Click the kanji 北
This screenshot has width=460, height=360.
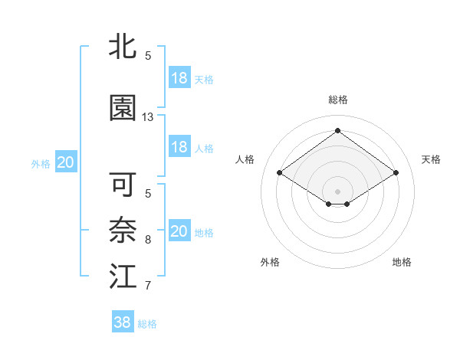pos(123,47)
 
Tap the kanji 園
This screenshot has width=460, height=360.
pos(123,108)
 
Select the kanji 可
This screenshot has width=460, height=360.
pos(123,185)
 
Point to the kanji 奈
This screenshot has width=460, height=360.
pos(123,231)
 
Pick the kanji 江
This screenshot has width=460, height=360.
pos(123,277)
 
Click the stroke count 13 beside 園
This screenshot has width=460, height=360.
pos(148,117)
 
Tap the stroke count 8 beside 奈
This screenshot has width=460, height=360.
pos(148,240)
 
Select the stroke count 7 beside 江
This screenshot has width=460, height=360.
pos(148,286)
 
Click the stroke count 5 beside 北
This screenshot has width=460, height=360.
pos(148,56)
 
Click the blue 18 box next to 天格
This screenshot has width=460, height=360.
pos(179,78)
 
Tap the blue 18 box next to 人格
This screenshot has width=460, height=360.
pos(179,147)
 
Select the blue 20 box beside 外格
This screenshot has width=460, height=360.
pos(65,162)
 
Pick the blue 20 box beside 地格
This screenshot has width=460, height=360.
pos(179,231)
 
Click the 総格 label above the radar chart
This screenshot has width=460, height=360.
pos(337,100)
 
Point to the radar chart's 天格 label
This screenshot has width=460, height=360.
pos(431,159)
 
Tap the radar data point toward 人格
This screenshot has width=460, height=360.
pos(280,173)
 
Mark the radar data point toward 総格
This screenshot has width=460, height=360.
pos(337,130)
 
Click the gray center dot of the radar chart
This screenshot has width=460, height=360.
pos(337,190)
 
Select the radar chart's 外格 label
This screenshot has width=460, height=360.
pos(270,262)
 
